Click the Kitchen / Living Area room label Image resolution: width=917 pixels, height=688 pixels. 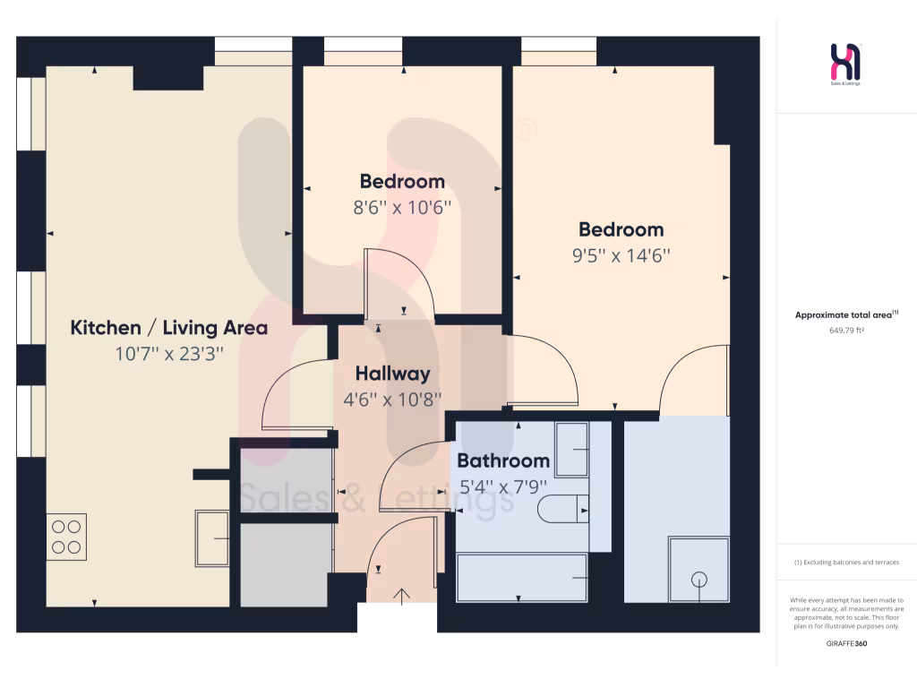click(168, 328)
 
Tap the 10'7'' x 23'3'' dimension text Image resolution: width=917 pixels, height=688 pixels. click(168, 354)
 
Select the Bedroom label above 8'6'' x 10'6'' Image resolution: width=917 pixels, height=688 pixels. click(402, 182)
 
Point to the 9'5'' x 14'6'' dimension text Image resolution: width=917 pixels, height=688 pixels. click(621, 255)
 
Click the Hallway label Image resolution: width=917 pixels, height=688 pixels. click(392, 374)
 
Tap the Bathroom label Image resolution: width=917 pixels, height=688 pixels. click(502, 461)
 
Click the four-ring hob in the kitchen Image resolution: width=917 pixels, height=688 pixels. click(66, 537)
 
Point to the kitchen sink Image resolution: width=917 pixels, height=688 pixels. click(212, 538)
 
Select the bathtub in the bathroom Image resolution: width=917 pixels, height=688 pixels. click(521, 578)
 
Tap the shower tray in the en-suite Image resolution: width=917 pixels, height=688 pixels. click(698, 570)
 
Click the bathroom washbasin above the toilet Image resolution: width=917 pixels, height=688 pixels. click(570, 449)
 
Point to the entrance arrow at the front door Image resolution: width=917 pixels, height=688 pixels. click(402, 597)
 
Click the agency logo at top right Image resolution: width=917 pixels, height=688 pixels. click(846, 64)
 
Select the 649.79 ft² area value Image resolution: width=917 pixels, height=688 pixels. click(846, 330)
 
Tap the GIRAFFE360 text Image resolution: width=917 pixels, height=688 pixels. click(846, 643)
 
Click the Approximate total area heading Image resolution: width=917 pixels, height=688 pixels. click(846, 314)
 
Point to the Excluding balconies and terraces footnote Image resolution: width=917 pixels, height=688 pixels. click(846, 563)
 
